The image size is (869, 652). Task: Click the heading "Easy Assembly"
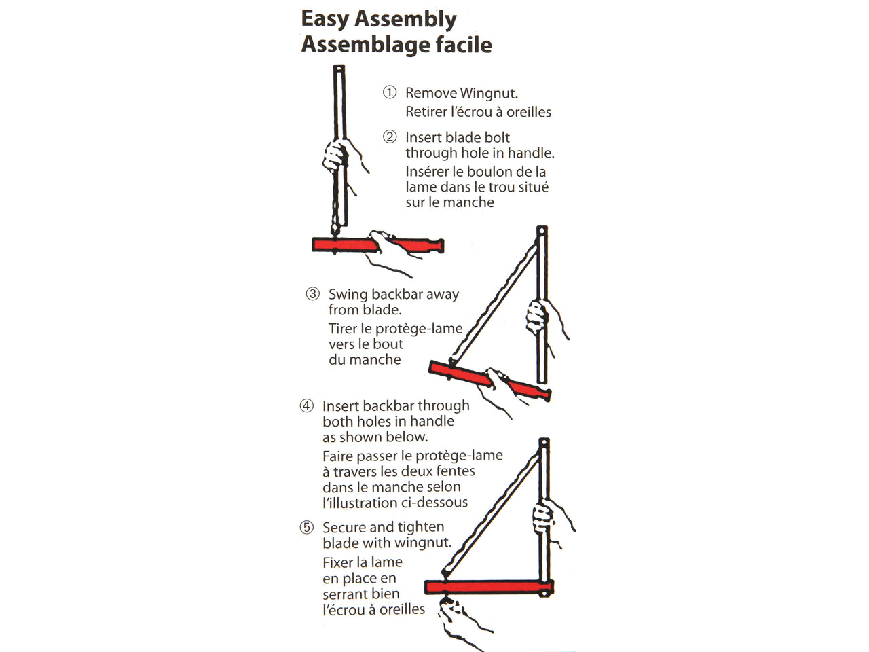click(x=378, y=20)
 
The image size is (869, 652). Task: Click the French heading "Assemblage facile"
click(x=396, y=45)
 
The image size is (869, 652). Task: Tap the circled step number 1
click(x=390, y=92)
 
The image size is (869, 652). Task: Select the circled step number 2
click(x=390, y=137)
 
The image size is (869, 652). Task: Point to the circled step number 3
click(x=312, y=294)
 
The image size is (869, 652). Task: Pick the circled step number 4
click(x=307, y=406)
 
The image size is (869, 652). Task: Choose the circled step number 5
click(x=307, y=528)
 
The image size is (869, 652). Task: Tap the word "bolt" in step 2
click(x=495, y=137)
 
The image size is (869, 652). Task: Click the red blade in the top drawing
click(x=339, y=244)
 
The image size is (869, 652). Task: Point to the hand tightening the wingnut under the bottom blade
click(x=455, y=615)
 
